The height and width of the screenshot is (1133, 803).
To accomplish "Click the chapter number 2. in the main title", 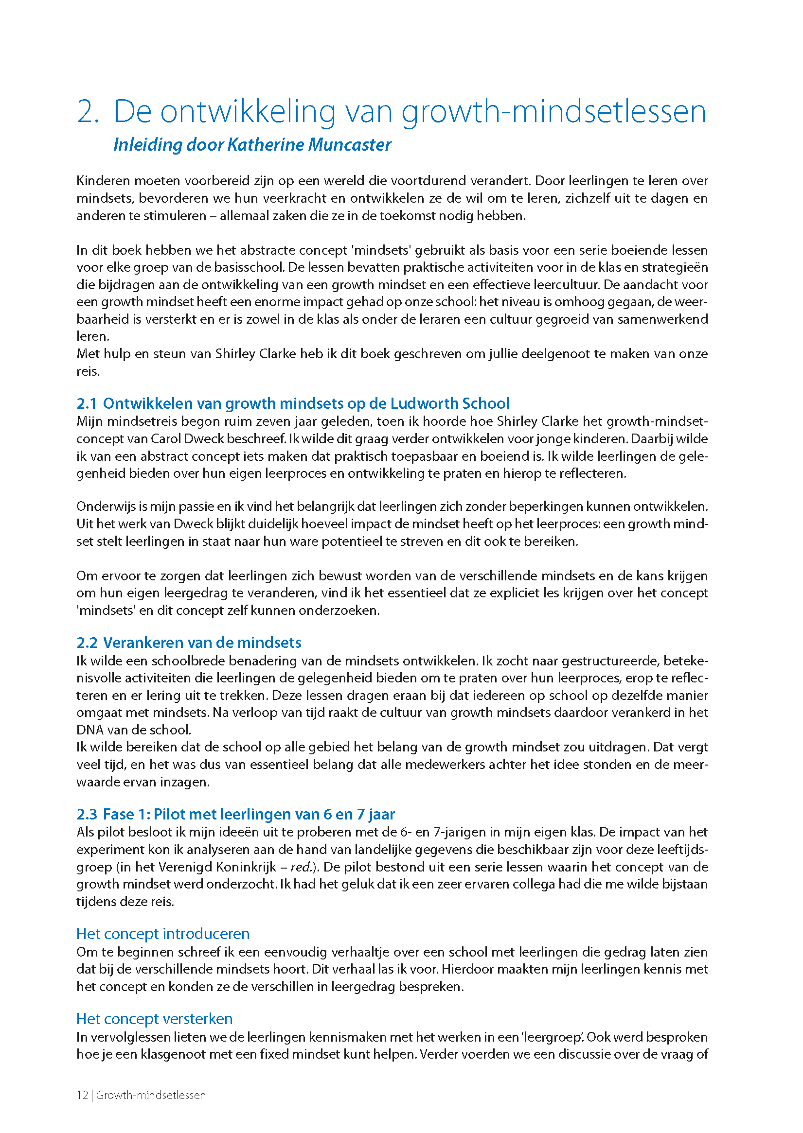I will point(88,112).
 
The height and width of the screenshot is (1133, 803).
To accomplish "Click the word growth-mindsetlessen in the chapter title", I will point(553,112).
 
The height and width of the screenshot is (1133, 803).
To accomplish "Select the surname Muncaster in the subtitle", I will point(349,145).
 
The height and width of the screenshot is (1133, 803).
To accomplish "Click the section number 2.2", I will point(87,643).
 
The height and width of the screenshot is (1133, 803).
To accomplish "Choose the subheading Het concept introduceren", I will point(162,933).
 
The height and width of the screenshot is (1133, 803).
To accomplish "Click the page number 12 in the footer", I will point(82,1095).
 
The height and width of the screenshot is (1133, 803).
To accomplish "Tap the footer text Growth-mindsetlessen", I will point(151,1095).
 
